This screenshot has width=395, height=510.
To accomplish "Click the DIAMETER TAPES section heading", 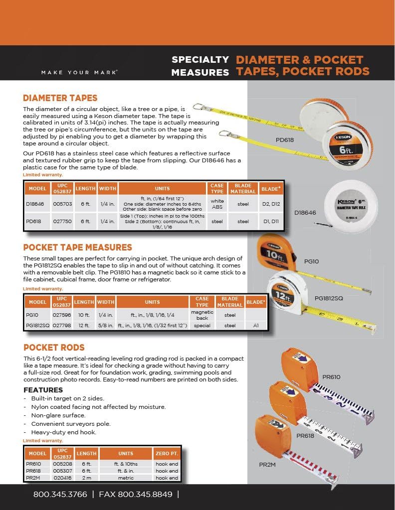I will (x=60, y=98).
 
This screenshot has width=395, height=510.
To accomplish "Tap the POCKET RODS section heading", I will (x=54, y=347).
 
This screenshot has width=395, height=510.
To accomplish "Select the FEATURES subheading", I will (x=43, y=390).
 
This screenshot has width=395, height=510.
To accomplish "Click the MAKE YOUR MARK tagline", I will (x=79, y=72).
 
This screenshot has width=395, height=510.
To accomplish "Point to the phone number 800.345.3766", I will (x=60, y=495).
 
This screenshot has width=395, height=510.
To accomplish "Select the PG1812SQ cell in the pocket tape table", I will (x=37, y=325).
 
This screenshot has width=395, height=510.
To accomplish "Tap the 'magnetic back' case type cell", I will (x=202, y=315).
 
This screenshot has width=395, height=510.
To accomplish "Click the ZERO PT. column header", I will (x=167, y=454).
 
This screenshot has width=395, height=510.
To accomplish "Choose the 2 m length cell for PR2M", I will (x=86, y=478).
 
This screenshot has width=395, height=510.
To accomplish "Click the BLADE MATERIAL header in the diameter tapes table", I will (x=243, y=188).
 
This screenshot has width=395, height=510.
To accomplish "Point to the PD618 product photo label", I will (x=285, y=140).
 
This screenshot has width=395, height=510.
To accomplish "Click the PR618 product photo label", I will (x=305, y=435).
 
